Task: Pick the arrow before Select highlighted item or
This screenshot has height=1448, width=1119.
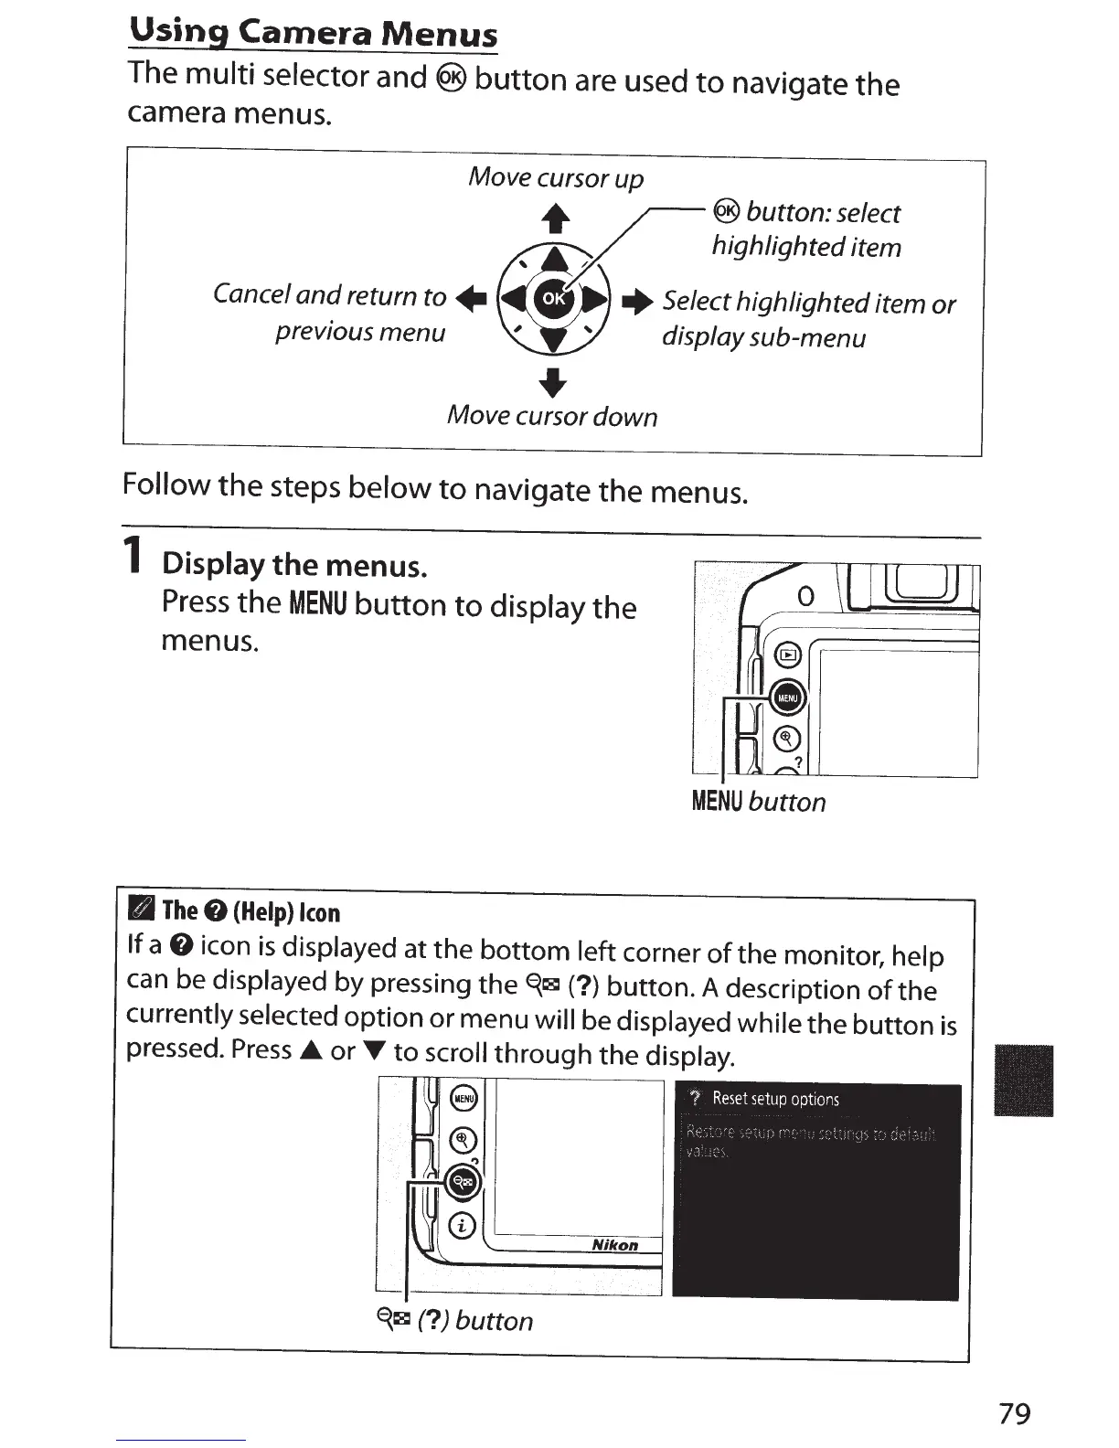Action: coord(637,301)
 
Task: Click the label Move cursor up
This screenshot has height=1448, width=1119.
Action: coord(556,177)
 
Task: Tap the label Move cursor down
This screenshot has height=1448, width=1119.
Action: coord(552,416)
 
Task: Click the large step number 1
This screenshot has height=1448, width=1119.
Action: coord(134,556)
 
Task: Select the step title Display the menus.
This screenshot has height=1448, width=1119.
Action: coord(294,565)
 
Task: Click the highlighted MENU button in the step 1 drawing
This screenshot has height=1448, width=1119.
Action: coord(788,698)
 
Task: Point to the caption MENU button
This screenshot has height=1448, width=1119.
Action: coord(759,802)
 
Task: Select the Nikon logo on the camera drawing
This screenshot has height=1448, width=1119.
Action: coord(614,1245)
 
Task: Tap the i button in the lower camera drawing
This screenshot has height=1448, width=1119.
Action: coord(464,1225)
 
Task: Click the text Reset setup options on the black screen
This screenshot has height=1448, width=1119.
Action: coord(775,1099)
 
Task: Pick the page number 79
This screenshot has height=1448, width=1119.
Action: coord(1014,1413)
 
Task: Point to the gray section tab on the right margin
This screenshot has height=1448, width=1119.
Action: coord(1023,1080)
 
